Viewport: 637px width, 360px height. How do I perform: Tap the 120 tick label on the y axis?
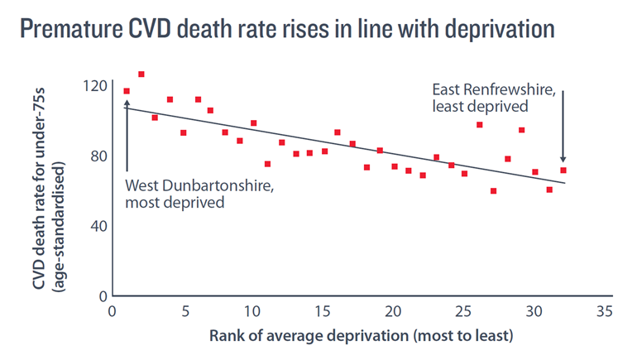click(96, 85)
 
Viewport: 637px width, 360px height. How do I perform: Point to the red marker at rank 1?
click(127, 91)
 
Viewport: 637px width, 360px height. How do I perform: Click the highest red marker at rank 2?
click(141, 74)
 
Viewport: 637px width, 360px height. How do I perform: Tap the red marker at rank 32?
click(563, 170)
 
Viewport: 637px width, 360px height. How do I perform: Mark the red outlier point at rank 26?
click(479, 125)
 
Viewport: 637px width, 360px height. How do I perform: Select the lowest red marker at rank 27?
click(493, 191)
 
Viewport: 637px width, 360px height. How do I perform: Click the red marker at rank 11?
click(267, 164)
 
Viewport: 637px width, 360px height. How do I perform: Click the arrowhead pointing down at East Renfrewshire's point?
click(563, 159)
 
